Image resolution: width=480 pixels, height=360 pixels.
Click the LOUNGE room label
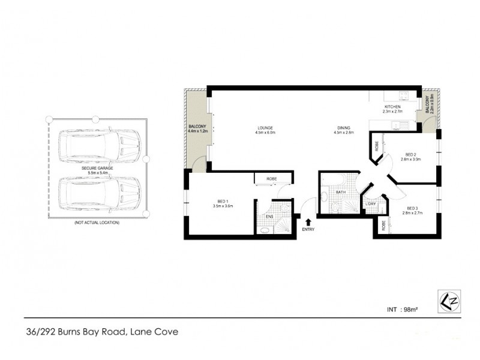266,127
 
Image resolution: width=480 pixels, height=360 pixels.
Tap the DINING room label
343,127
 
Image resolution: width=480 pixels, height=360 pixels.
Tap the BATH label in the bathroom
340,192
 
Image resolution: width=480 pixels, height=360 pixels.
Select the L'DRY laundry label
370,204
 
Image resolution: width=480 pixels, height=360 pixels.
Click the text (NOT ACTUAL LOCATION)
97,223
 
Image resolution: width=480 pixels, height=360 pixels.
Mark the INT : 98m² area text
403,310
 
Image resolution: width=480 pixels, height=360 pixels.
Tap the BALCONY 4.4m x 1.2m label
197,128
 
